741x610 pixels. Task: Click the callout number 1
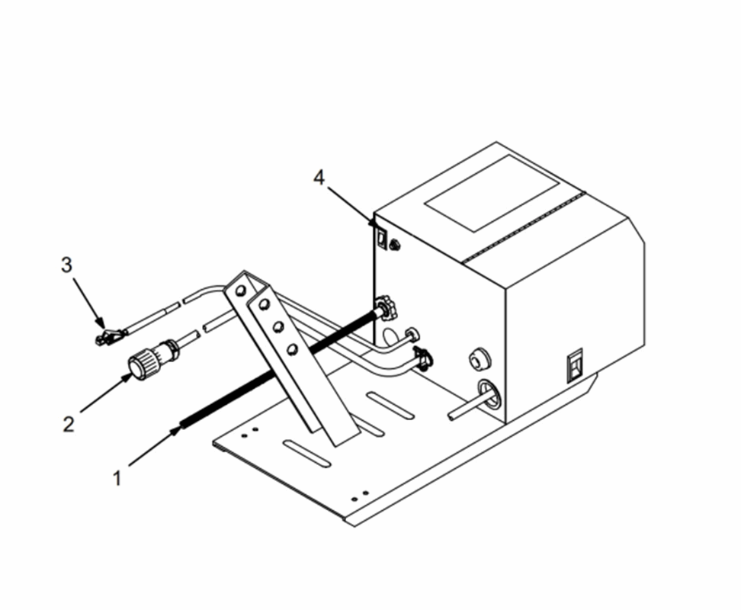click(x=117, y=478)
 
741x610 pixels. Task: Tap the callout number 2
click(x=69, y=424)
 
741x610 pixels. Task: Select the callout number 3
click(x=66, y=265)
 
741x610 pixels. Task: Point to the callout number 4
click(x=319, y=178)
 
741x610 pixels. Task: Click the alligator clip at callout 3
click(x=111, y=336)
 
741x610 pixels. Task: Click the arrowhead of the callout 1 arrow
click(x=176, y=431)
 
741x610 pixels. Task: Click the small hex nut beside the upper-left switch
click(x=394, y=245)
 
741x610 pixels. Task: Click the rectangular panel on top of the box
click(x=492, y=193)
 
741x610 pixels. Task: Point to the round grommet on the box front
click(x=480, y=360)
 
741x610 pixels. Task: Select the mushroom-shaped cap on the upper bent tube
click(x=412, y=335)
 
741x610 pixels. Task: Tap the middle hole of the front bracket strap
click(x=278, y=326)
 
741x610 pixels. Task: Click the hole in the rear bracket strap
click(x=241, y=290)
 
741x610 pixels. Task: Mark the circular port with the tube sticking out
click(x=489, y=393)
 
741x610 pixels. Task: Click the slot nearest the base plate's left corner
click(x=306, y=454)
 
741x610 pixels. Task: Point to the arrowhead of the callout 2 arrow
click(x=127, y=377)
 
